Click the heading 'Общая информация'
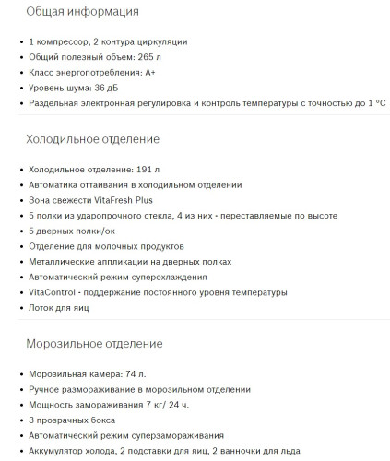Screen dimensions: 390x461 tap(83, 12)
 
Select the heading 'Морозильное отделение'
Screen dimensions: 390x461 tap(94, 344)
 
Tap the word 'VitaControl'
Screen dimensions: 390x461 tap(56, 291)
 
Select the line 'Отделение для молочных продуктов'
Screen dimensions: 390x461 tap(107, 246)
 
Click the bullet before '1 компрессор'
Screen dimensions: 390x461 tap(20, 42)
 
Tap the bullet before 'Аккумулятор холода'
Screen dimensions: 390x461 tap(20, 450)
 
